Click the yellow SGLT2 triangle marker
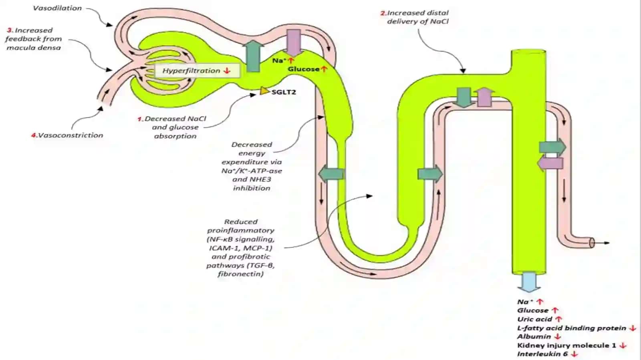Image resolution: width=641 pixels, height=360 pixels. (x=264, y=91)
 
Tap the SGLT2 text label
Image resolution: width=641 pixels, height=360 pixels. (x=284, y=92)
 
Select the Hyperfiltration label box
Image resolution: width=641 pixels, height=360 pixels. (x=197, y=70)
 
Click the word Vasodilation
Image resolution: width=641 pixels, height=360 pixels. (x=57, y=8)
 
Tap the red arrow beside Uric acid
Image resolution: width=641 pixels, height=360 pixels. (x=558, y=319)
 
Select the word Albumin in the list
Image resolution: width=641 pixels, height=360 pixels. (x=534, y=336)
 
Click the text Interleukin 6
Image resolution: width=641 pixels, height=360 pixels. (x=542, y=354)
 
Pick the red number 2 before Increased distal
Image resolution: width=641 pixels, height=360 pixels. (x=383, y=13)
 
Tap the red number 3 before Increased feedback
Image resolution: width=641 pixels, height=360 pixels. (x=10, y=30)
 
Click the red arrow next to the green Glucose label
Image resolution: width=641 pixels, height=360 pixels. (x=324, y=69)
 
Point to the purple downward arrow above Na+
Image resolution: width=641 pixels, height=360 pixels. (x=294, y=42)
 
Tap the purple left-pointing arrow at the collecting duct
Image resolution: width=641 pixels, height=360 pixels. (x=550, y=163)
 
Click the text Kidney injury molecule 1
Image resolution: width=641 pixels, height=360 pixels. (x=566, y=346)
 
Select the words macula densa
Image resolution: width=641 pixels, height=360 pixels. (x=34, y=48)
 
